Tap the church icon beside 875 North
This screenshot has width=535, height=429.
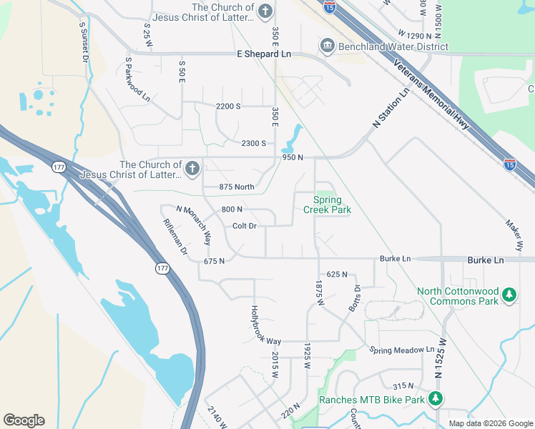point(192,169)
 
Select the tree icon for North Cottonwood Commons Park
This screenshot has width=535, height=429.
point(509,295)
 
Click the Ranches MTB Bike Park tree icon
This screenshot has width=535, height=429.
point(436,399)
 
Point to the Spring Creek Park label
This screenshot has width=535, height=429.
point(327,204)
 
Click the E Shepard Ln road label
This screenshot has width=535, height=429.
point(265,54)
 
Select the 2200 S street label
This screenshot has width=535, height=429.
point(228,106)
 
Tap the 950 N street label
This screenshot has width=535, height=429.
point(293,157)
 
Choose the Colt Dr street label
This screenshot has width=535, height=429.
point(245,226)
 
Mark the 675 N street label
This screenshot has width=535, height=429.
point(215,261)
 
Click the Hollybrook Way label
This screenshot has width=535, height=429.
point(265,325)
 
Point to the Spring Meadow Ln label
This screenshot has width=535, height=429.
point(402,350)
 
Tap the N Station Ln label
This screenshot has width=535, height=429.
point(391,109)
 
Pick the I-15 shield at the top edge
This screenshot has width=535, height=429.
point(329,7)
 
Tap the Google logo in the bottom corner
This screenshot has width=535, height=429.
point(24,420)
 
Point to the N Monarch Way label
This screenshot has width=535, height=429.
point(194,223)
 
